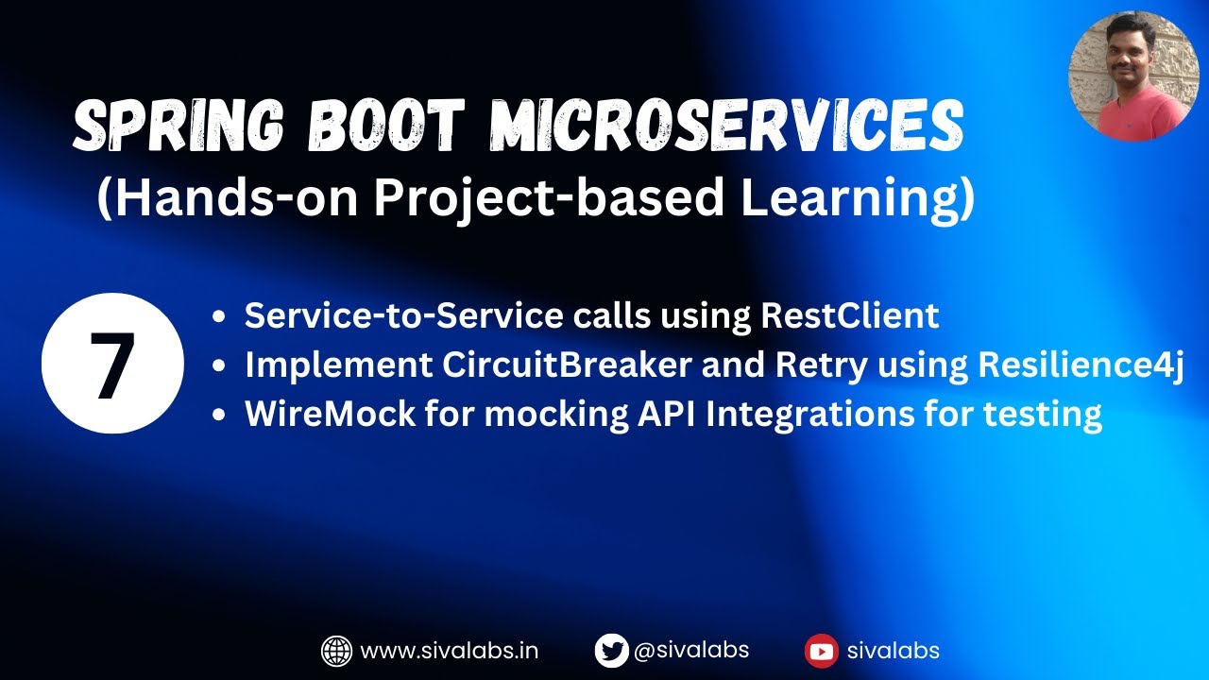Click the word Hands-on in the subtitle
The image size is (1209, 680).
(217, 200)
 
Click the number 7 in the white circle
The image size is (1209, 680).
(112, 364)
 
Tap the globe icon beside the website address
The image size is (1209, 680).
(336, 651)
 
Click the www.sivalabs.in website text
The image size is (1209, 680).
(450, 651)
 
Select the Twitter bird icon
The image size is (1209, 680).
(611, 651)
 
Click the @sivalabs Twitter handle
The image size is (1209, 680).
(691, 650)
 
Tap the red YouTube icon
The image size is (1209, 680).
(821, 651)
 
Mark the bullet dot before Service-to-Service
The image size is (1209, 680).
(219, 317)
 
